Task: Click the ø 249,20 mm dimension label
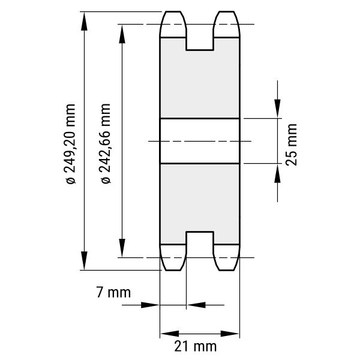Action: (x=71, y=144)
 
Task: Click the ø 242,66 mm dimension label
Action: (x=106, y=144)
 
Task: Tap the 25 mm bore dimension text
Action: (x=292, y=145)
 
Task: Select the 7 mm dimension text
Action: (x=113, y=293)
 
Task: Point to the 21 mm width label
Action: (x=196, y=346)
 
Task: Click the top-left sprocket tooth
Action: (x=173, y=24)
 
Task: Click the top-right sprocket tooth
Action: (x=227, y=24)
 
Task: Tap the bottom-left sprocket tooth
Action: (x=173, y=257)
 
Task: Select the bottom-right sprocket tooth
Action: (x=227, y=257)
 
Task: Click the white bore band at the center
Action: (x=200, y=141)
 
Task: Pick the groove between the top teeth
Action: (x=200, y=39)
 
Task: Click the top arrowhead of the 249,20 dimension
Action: (x=84, y=21)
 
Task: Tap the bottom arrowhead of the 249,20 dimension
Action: (x=84, y=260)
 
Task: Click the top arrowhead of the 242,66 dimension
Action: (x=122, y=34)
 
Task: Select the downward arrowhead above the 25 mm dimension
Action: (x=277, y=109)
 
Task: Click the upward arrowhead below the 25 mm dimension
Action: (x=277, y=173)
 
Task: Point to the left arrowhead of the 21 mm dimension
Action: (x=170, y=334)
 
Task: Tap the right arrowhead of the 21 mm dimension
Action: (x=230, y=334)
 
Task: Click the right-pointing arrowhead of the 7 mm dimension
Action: (x=150, y=305)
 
